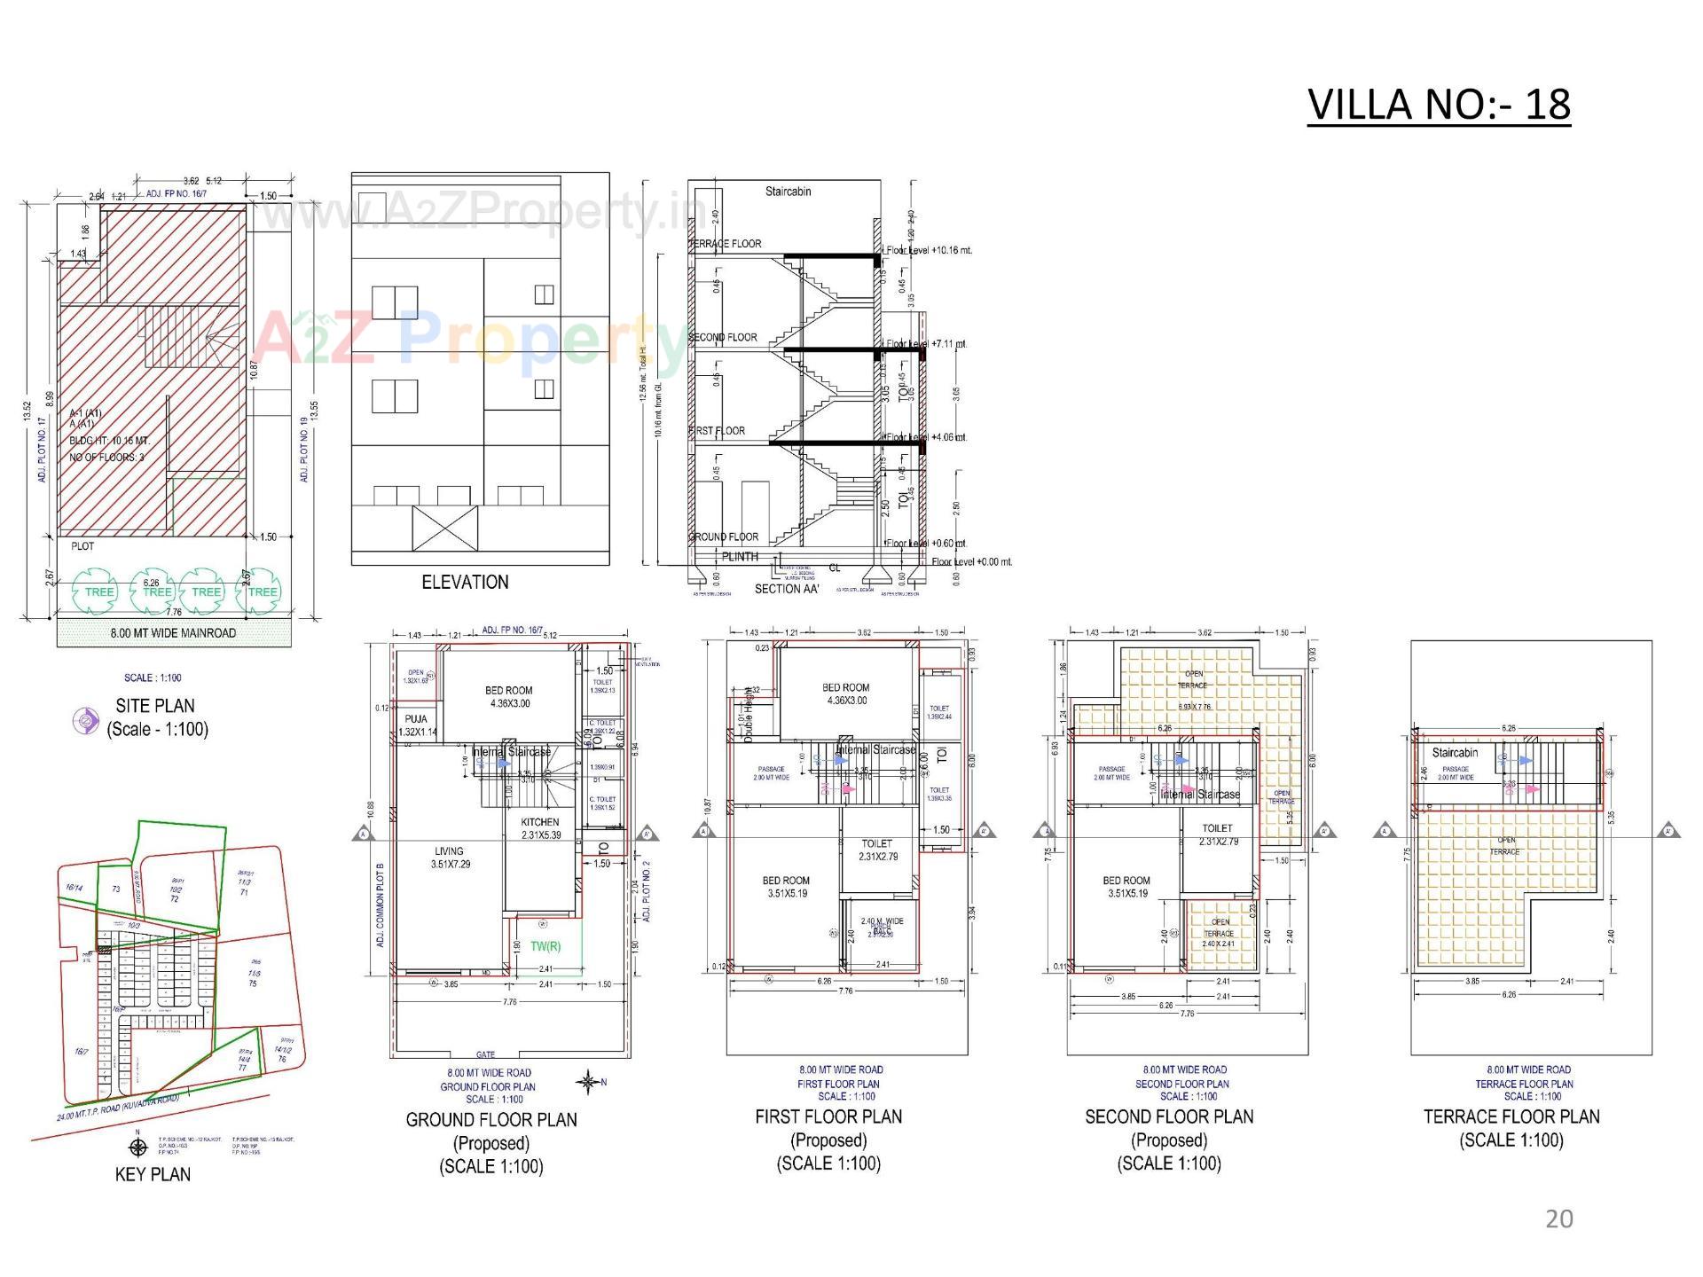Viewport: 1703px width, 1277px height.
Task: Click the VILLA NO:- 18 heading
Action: click(x=1439, y=105)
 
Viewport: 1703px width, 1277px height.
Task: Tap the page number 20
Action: click(x=1558, y=1218)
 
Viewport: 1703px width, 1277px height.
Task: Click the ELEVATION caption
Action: click(x=465, y=583)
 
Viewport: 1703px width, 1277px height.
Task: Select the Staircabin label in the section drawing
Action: click(x=788, y=192)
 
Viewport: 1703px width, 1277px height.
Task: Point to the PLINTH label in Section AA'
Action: click(x=740, y=557)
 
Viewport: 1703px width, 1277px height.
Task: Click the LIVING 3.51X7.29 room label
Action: click(x=449, y=858)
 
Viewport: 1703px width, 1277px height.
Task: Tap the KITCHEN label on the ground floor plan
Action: click(x=540, y=822)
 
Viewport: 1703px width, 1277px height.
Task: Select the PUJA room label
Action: click(x=416, y=719)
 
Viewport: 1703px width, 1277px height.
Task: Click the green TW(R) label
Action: click(x=545, y=946)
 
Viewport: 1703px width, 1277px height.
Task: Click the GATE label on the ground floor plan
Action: click(x=485, y=1054)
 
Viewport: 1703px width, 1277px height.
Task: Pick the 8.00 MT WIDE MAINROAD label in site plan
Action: click(x=173, y=633)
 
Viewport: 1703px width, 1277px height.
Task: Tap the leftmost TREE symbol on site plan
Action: click(x=98, y=591)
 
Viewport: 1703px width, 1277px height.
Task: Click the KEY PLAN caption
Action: click(x=153, y=1174)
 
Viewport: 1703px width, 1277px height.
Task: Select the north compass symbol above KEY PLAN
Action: click(x=137, y=1148)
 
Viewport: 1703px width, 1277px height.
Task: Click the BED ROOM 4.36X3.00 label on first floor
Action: click(x=845, y=693)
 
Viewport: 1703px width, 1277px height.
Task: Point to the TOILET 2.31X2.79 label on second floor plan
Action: click(x=1218, y=834)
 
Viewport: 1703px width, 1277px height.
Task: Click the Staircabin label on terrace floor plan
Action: click(x=1455, y=753)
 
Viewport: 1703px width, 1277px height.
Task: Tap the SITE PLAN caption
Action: click(x=155, y=706)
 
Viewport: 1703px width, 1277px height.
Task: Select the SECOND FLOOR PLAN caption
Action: click(x=1169, y=1116)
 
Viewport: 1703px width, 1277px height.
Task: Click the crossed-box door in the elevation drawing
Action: click(x=444, y=529)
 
